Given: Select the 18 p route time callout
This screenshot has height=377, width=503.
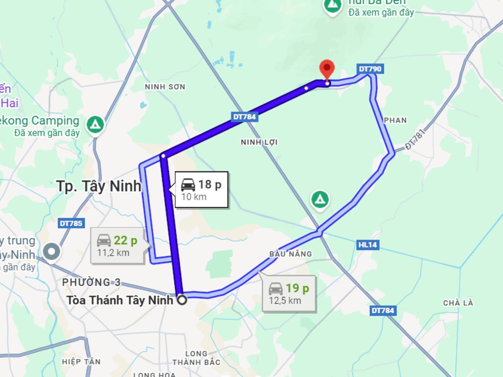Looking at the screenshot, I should click(201, 189).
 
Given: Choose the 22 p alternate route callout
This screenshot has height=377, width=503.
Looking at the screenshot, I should click(118, 245).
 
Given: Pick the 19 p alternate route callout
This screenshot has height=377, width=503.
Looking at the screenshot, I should click(289, 293).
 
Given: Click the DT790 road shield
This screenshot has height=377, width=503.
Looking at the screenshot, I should click(370, 69).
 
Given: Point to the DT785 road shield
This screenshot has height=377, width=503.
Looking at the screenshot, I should click(71, 223).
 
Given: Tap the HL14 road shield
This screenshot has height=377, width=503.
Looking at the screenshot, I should click(368, 245).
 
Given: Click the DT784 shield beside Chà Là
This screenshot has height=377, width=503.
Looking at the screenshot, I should click(383, 310).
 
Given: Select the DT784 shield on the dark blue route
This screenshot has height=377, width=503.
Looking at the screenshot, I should click(244, 117).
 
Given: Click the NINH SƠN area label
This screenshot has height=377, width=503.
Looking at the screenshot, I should click(165, 87).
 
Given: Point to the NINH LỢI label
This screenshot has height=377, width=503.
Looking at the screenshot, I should click(259, 142).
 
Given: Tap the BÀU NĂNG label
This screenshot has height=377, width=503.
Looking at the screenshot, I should click(290, 253).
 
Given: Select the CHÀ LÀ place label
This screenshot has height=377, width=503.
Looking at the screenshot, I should click(458, 303).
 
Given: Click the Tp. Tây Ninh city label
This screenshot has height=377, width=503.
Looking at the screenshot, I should click(99, 186).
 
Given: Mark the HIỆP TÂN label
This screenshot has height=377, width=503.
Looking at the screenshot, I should click(81, 361).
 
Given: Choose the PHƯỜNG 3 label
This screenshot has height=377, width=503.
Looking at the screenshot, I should click(91, 282).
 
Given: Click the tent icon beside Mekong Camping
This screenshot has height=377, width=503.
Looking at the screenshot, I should click(96, 124).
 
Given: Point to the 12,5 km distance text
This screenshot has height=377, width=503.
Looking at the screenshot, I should click(285, 300).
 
